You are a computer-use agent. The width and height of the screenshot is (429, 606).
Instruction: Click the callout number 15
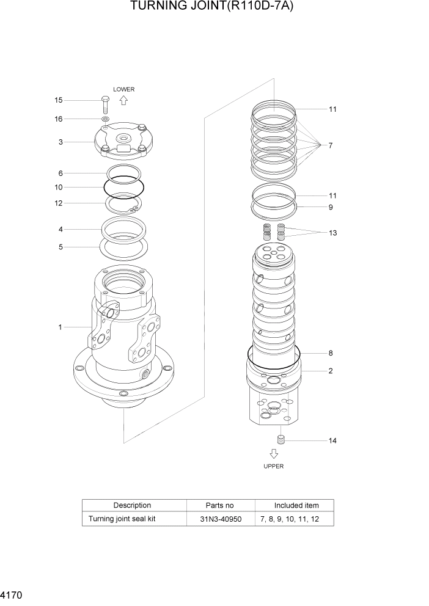[59, 100]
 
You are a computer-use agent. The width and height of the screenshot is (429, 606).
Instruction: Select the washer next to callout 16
[105, 119]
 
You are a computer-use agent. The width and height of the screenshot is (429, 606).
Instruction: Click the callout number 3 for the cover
[61, 142]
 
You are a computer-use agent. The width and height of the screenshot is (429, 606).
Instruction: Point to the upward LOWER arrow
[123, 101]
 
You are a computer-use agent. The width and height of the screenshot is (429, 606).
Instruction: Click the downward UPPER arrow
[274, 453]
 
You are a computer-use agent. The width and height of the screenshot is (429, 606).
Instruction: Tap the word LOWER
[123, 89]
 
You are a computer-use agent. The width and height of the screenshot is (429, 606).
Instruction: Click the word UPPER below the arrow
[274, 466]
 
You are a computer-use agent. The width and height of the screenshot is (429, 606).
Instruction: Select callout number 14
[332, 440]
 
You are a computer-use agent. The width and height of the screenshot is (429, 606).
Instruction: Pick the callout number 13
[332, 233]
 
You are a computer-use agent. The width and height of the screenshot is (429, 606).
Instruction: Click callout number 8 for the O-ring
[331, 353]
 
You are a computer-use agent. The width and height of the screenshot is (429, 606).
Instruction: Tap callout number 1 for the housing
[61, 327]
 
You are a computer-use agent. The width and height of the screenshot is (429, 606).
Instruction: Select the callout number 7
[331, 145]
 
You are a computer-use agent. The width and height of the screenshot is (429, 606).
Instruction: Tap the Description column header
[132, 505]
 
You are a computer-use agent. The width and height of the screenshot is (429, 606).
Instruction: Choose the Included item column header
[296, 505]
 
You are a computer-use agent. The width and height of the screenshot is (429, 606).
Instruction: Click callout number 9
[331, 207]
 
